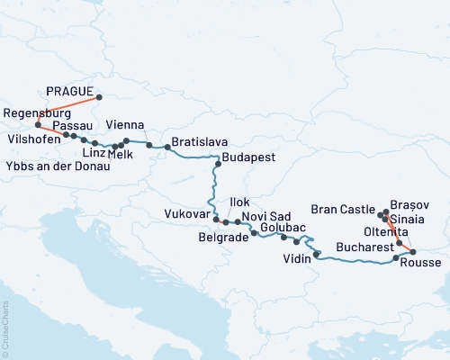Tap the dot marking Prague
click(99, 97)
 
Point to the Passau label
click(72, 126)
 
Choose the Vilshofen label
click(32, 140)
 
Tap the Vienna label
click(124, 124)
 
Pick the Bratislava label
click(199, 142)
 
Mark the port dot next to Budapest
click(218, 165)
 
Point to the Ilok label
click(240, 202)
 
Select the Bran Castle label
click(342, 209)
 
